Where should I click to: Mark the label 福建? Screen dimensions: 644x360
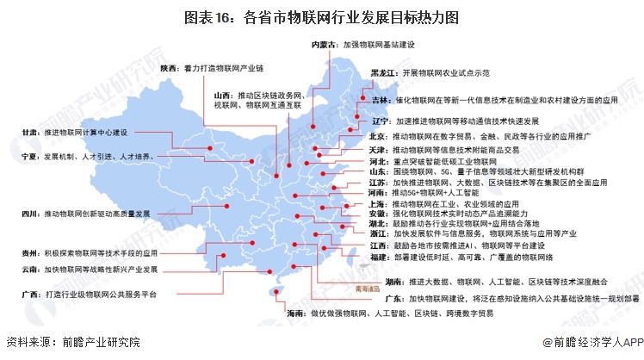click(381, 257)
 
